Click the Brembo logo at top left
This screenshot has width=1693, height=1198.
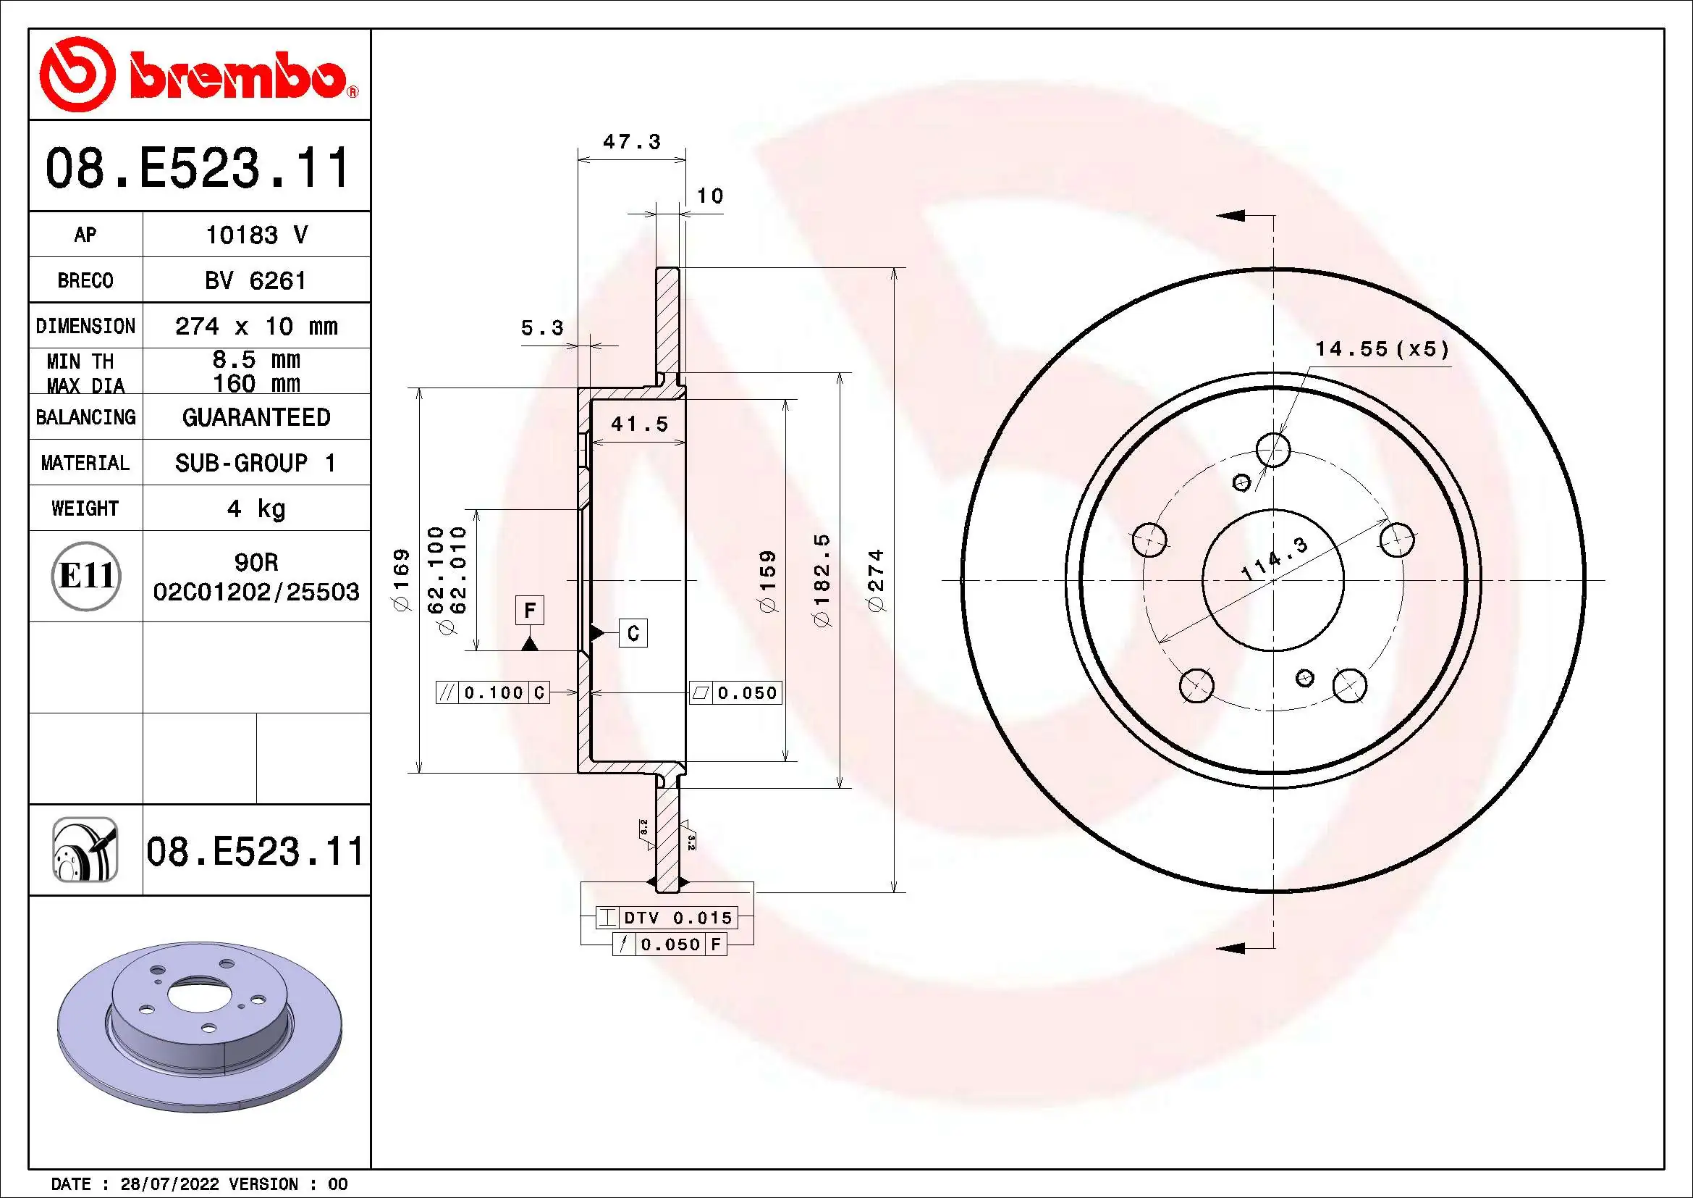coord(198,75)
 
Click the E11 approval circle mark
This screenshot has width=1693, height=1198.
coord(86,575)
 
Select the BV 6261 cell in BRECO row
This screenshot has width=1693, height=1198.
coord(255,280)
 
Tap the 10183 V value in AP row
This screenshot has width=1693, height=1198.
coord(255,235)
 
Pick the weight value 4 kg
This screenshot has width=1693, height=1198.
coord(255,508)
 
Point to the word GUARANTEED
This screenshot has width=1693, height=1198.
coord(255,417)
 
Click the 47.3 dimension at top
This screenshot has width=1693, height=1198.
coord(631,142)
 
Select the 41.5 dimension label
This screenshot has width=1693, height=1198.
coord(639,424)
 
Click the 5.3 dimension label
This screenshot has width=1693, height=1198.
coord(542,328)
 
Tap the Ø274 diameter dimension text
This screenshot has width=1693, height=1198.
coord(875,581)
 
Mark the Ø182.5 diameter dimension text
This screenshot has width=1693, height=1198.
coord(822,581)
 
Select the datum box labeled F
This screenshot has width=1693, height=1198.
coord(529,611)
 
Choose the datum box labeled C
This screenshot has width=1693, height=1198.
coord(633,633)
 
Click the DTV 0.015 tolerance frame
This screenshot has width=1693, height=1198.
coord(667,918)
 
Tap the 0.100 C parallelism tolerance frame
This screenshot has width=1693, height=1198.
coord(493,692)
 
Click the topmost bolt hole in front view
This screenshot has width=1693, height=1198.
coord(1273,449)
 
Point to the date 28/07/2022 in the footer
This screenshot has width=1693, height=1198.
coord(169,1184)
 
